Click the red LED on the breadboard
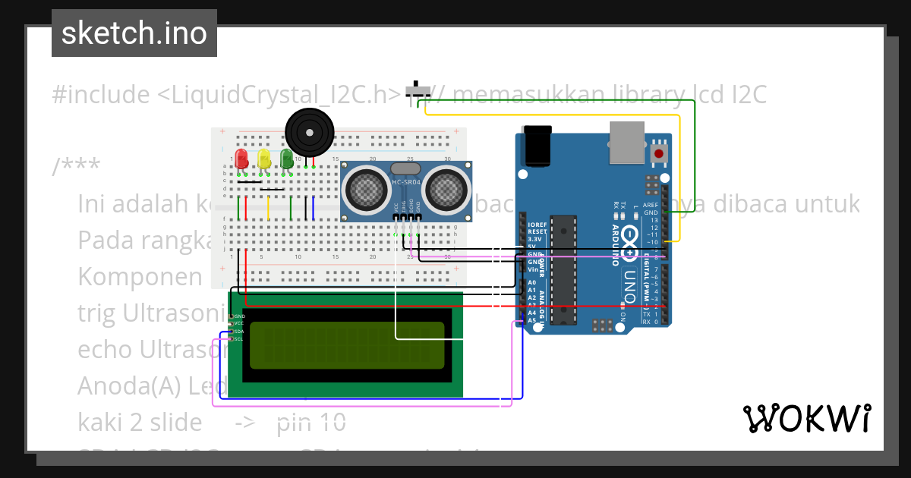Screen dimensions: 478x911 tap(241, 159)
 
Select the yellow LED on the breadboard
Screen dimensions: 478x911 tap(264, 159)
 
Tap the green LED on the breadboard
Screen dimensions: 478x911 tap(287, 159)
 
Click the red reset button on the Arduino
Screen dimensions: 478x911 tap(658, 154)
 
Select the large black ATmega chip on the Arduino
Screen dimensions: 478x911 tap(563, 266)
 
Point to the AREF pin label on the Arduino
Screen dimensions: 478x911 tap(650, 206)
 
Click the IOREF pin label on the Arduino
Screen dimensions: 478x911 tap(537, 225)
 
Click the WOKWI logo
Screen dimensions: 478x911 tap(807, 418)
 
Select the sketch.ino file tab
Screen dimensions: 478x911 tap(134, 33)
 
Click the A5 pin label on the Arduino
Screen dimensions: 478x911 tap(532, 320)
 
